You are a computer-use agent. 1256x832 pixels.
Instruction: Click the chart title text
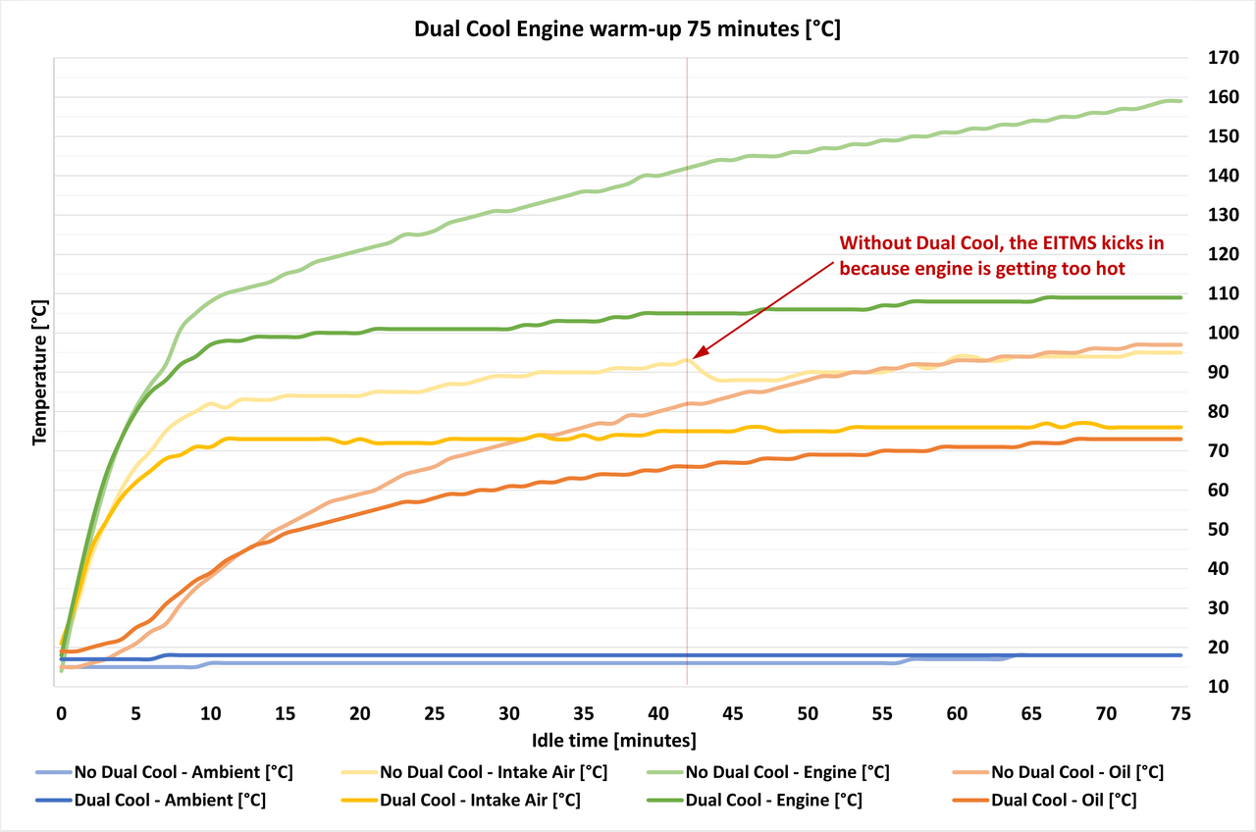pyautogui.click(x=627, y=29)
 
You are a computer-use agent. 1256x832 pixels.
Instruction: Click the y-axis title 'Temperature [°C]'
pyautogui.click(x=40, y=373)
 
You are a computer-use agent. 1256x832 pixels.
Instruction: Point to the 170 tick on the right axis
pyautogui.click(x=1210, y=58)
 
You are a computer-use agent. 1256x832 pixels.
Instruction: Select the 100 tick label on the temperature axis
pyautogui.click(x=1210, y=333)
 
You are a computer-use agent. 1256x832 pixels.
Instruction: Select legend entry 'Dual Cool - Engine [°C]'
pyautogui.click(x=773, y=800)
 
